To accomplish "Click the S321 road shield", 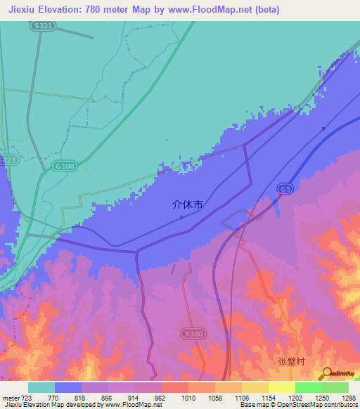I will (x=43, y=25).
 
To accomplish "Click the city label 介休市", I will (x=188, y=205).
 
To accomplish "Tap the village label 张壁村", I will (x=290, y=361).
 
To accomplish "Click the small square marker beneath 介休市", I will (x=181, y=217).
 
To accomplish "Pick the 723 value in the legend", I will (x=27, y=397).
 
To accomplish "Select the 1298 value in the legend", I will (x=349, y=397).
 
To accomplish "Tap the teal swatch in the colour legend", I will (x=41, y=387).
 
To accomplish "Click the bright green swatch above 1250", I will (x=309, y=387).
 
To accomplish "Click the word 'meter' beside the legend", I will (x=10, y=397).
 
